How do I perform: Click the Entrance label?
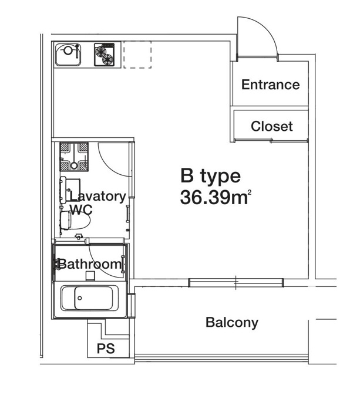(270, 84)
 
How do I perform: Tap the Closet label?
(272, 126)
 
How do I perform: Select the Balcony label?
(232, 323)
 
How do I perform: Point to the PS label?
(106, 349)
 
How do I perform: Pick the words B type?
(210, 177)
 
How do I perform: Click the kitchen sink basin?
(68, 55)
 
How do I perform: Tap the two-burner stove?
(104, 55)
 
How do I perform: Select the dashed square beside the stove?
(137, 55)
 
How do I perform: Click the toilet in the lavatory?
(75, 220)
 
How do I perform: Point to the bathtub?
(90, 298)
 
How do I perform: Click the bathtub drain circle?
(80, 298)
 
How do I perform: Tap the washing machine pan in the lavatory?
(74, 157)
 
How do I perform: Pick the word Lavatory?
(97, 197)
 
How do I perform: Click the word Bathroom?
(90, 264)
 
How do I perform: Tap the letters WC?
(81, 209)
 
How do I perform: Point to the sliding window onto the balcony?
(236, 283)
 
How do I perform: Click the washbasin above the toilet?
(70, 190)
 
